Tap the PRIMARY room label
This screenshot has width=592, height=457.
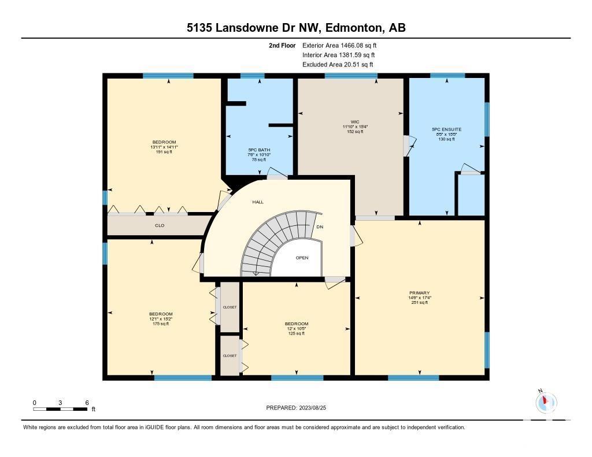420,293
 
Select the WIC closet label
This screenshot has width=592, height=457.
355,122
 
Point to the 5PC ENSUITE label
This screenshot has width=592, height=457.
447,129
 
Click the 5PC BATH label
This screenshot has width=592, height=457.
259,150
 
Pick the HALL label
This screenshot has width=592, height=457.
258,202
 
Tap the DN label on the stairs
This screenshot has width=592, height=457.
320,227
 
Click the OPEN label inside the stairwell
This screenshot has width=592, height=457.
302,258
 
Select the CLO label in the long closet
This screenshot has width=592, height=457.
160,225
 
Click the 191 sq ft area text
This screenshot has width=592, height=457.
164,152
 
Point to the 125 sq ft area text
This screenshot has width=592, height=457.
297,333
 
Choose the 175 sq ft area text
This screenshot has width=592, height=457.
161,324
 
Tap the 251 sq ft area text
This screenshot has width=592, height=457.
420,303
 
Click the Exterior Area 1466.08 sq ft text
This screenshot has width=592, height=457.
339,46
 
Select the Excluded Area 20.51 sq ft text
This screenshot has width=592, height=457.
338,65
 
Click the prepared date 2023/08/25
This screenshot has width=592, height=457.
313,408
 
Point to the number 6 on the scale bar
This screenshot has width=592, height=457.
87,403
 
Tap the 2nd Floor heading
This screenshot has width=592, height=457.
282,46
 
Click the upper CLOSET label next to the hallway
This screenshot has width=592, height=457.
230,307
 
